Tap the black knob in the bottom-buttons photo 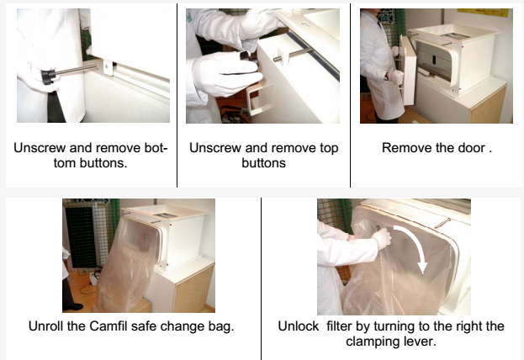(x=49, y=77)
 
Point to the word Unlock (x=299, y=326)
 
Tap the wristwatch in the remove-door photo (x=386, y=77)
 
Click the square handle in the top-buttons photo (x=260, y=98)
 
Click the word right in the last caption (x=468, y=327)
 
